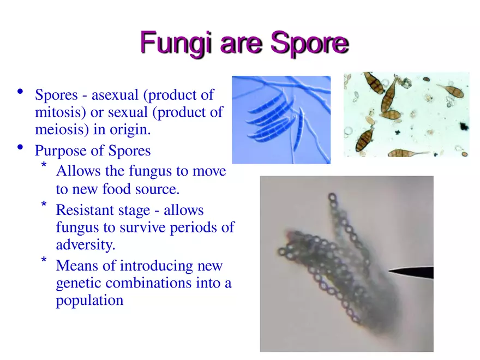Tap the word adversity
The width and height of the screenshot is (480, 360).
click(85, 245)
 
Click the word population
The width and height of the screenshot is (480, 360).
click(89, 301)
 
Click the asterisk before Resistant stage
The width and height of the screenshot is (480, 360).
click(44, 205)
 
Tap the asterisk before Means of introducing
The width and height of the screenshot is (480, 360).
click(44, 261)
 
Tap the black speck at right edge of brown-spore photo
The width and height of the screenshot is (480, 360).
click(464, 126)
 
